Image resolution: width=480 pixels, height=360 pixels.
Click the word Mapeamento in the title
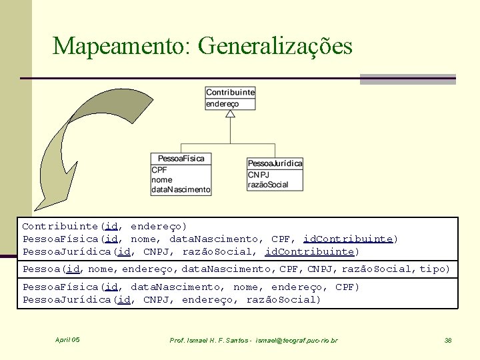pos(121,45)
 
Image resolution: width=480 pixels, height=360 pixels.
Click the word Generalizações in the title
pos(275,45)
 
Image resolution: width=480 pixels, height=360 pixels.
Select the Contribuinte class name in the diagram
pos(230,93)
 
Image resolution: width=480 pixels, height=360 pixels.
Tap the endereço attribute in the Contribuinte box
pos(222,104)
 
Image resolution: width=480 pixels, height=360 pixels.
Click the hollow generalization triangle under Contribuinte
pos(230,114)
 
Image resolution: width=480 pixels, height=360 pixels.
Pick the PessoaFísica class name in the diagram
pos(181,159)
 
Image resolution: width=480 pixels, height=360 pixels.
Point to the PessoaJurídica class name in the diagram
pos(275,163)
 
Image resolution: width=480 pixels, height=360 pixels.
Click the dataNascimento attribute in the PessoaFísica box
pos(181,189)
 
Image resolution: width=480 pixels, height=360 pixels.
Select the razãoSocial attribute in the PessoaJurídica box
pos(268,185)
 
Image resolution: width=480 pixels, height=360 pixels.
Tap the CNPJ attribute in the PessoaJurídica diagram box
pos(258,175)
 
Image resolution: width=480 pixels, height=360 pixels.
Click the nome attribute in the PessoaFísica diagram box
pos(162,179)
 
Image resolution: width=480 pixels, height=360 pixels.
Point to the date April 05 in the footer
pos(67,340)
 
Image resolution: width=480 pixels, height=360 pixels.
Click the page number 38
pos(448,341)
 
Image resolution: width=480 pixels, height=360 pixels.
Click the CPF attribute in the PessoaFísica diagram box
pos(159,170)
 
